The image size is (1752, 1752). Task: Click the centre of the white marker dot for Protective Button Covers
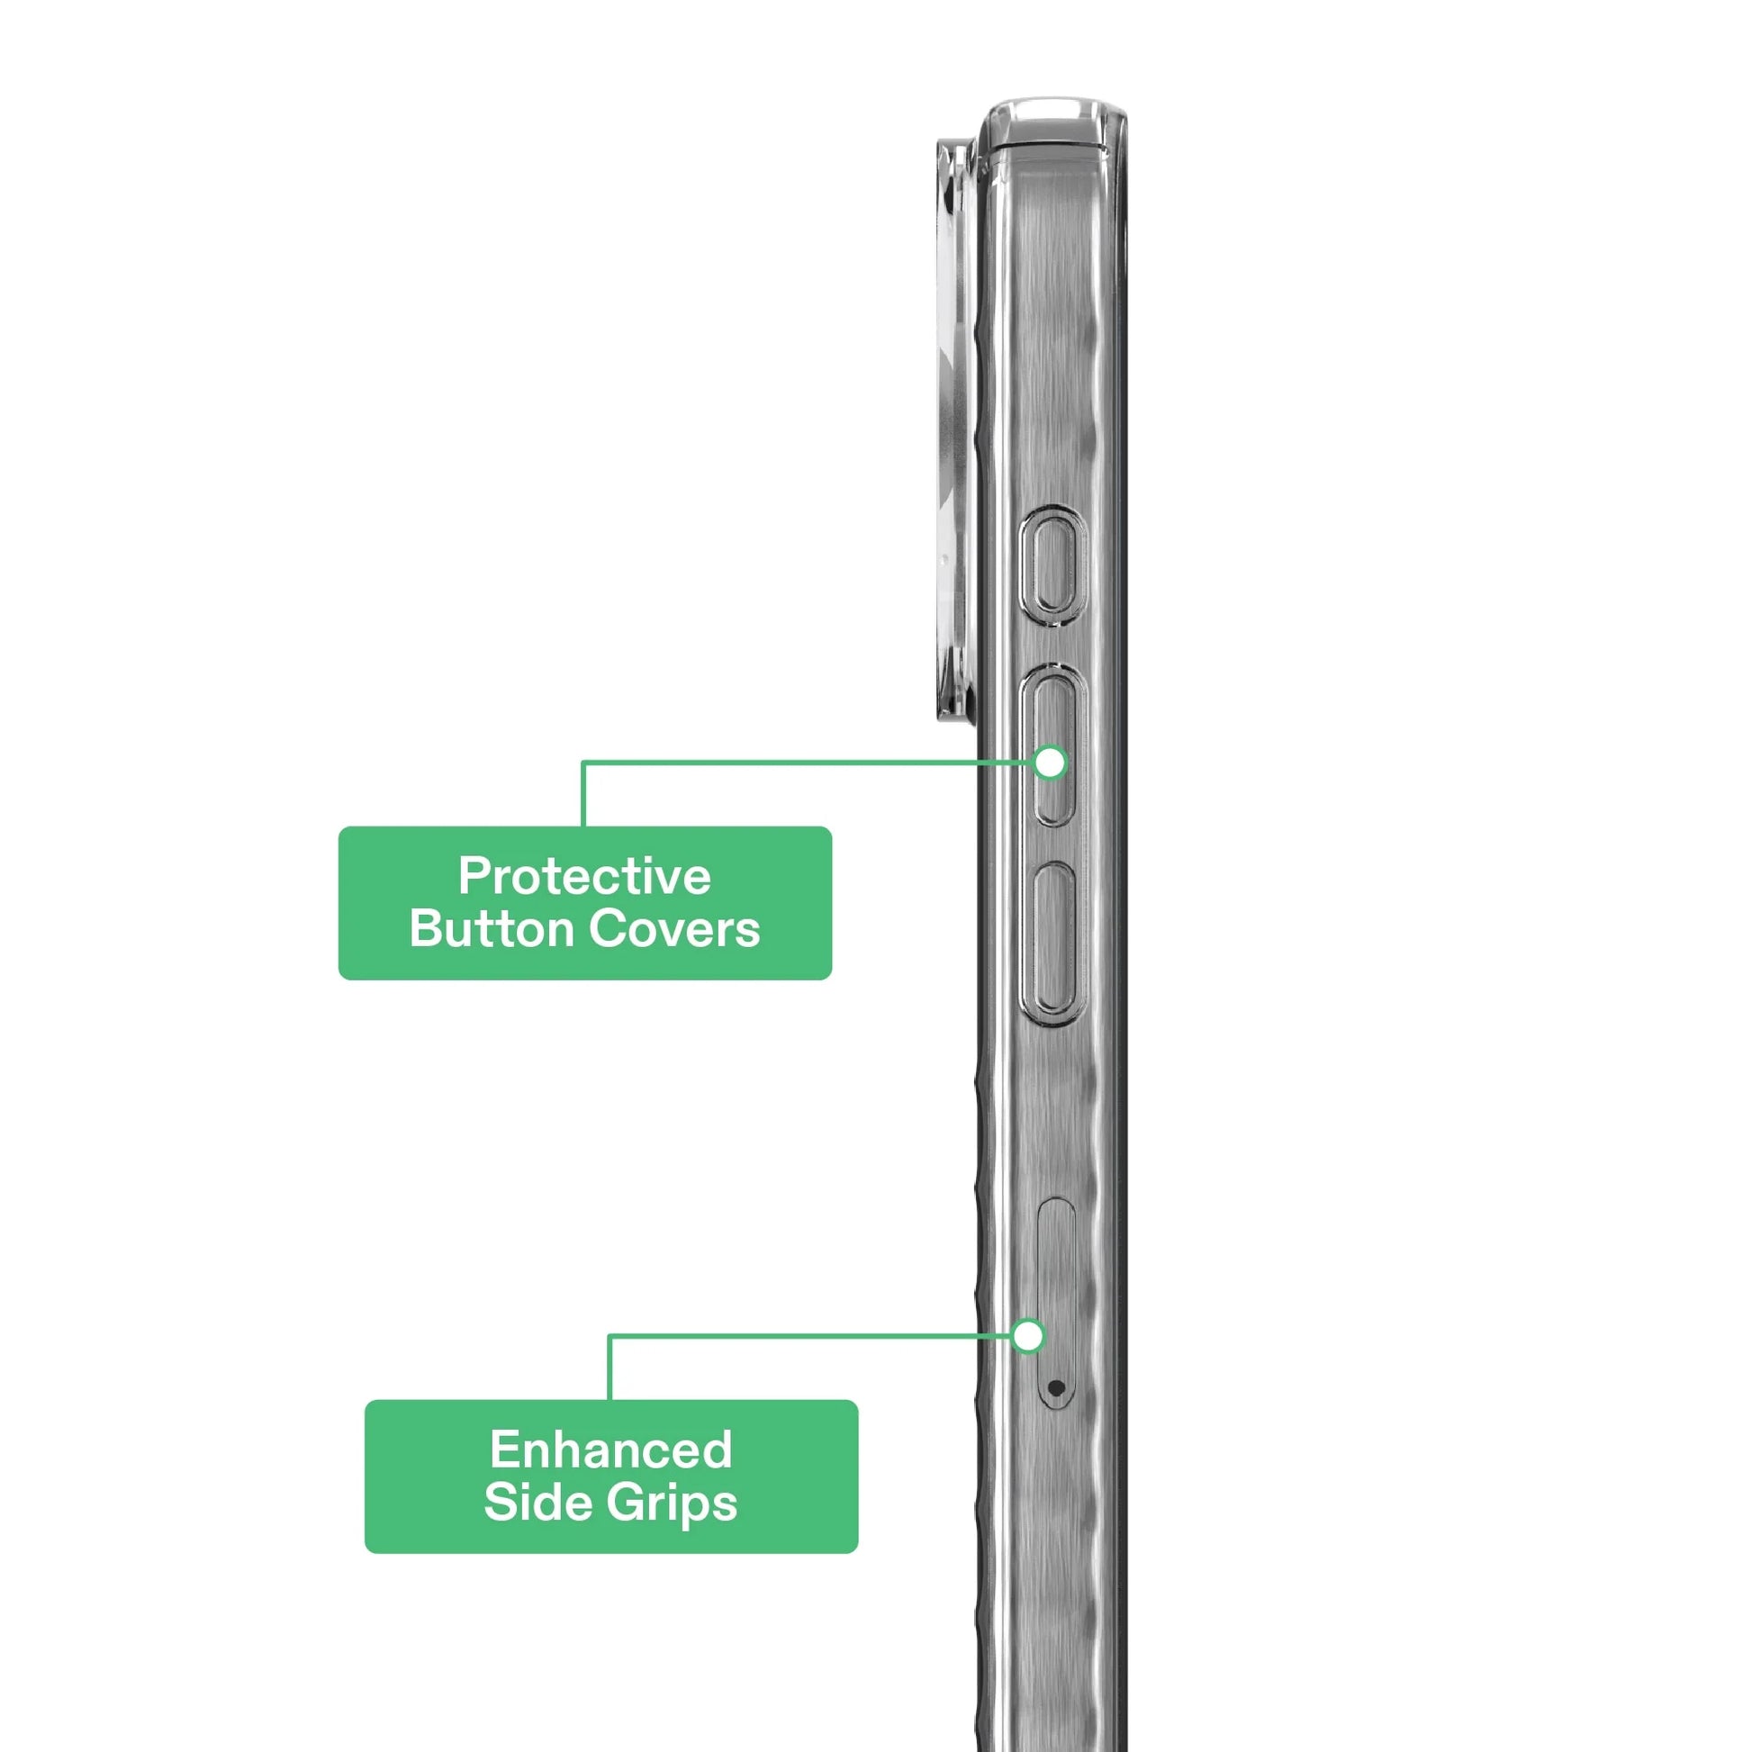1050,763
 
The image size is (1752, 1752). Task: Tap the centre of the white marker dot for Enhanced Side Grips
1028,1336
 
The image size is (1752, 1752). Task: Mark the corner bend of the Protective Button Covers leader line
583,763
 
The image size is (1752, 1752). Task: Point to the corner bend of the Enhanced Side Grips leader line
610,1336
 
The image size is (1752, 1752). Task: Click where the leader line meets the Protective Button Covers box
583,826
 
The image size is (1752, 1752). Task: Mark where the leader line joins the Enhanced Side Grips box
610,1400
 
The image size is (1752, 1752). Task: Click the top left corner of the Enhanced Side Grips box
366,1401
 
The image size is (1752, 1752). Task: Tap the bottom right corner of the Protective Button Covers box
831,979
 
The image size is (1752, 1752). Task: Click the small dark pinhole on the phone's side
1054,1386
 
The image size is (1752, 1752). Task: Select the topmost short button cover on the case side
1052,565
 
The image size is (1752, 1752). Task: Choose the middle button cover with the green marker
1052,745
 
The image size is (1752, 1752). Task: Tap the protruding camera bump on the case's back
957,429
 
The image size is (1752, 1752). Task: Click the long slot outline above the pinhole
1054,1303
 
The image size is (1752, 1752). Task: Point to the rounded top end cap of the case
1052,122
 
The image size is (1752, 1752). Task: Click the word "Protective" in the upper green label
585,876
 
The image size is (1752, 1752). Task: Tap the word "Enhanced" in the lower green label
611,1449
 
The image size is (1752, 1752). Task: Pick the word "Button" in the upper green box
492,929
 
